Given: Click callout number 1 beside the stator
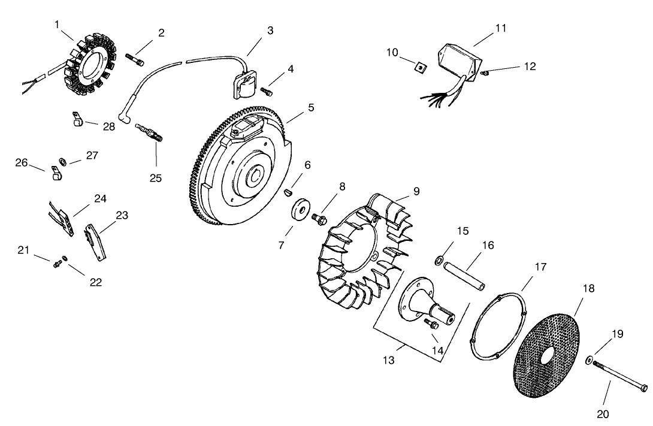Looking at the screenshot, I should click(x=57, y=25).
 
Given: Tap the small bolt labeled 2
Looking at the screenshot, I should click(x=135, y=58).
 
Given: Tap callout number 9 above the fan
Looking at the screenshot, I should click(x=416, y=191).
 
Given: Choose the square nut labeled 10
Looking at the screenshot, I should click(x=422, y=68).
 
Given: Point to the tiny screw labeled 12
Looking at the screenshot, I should click(x=486, y=73).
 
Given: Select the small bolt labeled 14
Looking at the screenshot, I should click(x=431, y=324).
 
